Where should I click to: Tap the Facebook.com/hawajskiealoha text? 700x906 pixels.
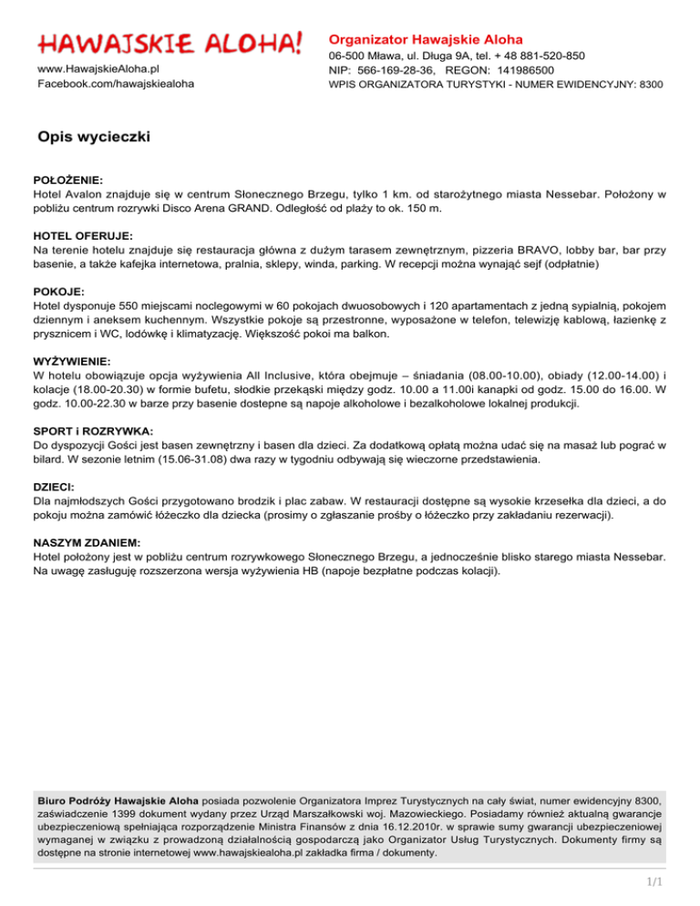[116, 84]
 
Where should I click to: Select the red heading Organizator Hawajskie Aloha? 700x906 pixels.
[426, 40]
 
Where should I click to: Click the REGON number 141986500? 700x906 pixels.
[520, 69]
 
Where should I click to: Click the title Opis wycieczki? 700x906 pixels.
[94, 138]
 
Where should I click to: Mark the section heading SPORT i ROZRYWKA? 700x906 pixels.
[93, 430]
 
